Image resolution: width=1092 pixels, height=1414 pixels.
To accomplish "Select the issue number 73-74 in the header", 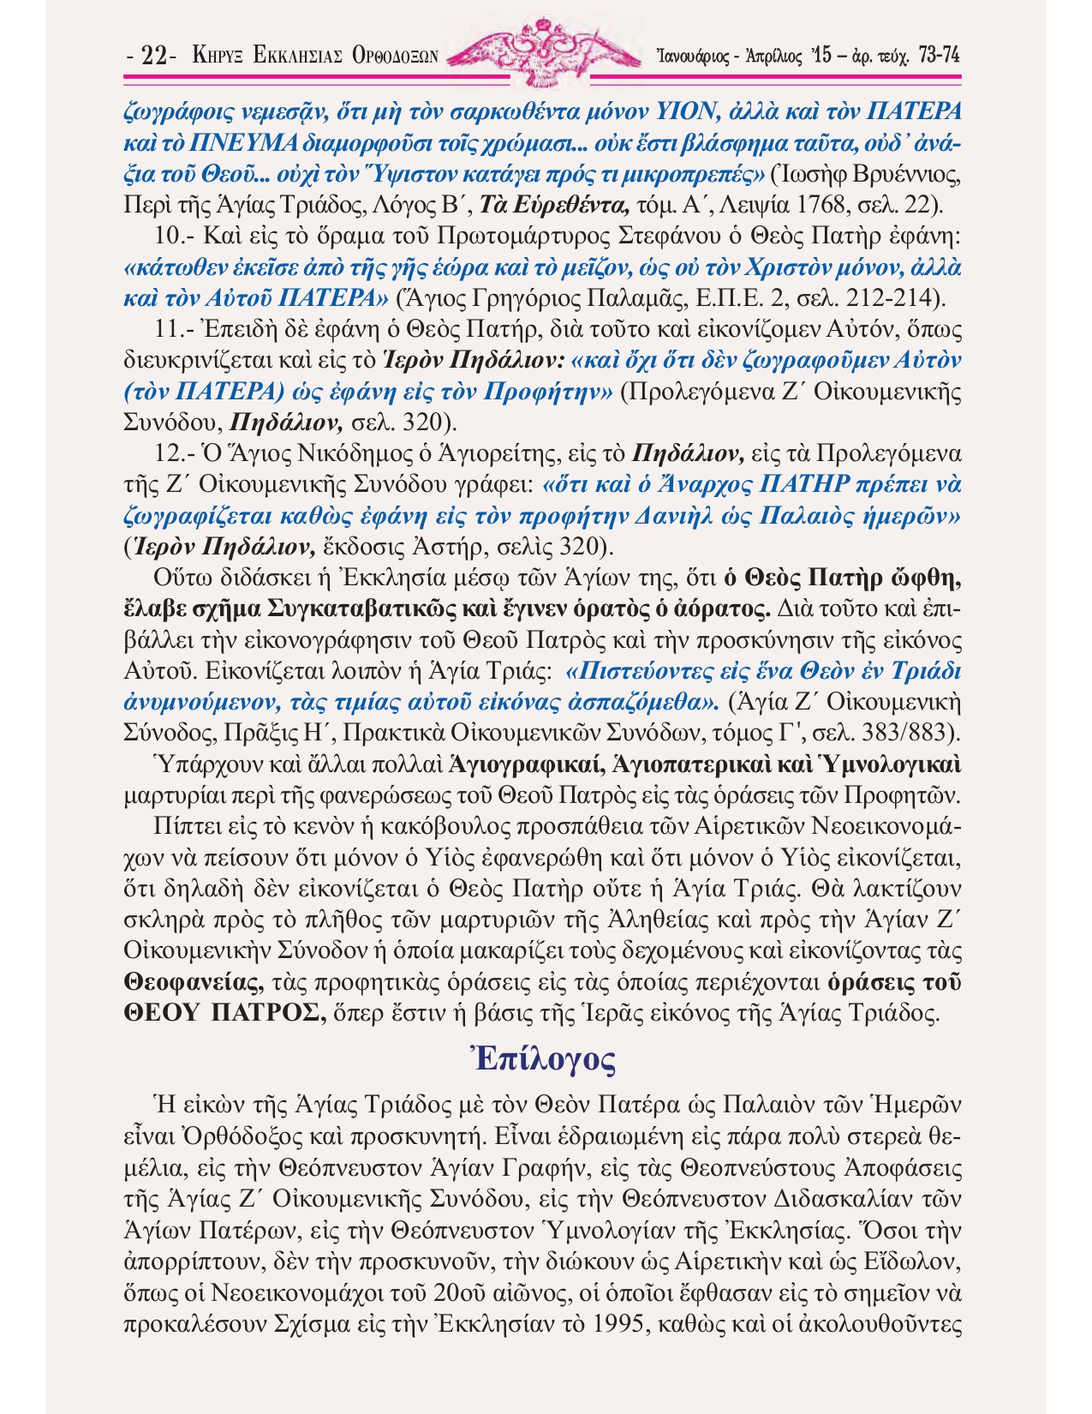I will point(938,56).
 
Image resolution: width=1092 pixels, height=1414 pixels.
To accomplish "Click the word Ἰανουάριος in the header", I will point(691,57).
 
